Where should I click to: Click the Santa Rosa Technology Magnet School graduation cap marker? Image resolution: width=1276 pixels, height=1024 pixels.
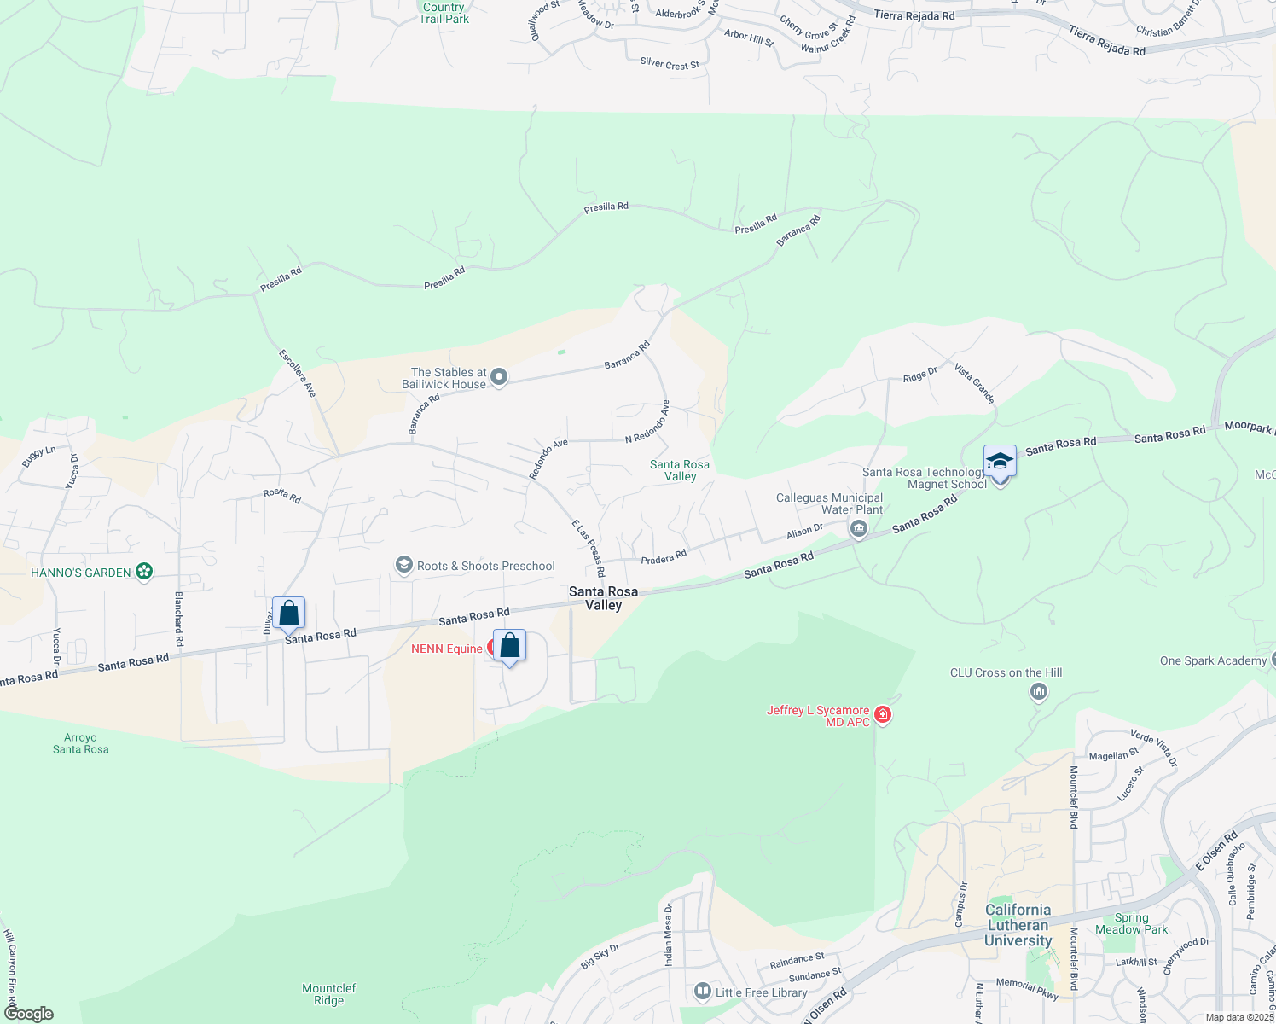[1000, 462]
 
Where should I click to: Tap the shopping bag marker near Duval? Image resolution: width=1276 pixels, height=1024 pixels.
[289, 613]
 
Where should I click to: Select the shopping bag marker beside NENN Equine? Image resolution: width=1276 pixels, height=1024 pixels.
[509, 646]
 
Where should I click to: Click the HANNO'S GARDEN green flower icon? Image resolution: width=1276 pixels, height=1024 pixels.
[144, 572]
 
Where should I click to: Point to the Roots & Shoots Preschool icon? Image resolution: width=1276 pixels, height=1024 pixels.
[403, 566]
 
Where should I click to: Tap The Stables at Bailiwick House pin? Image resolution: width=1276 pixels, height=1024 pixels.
[500, 376]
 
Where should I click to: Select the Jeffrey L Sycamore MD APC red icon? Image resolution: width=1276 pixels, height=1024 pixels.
[883, 714]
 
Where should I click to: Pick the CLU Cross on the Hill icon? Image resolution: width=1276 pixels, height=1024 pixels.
[1039, 691]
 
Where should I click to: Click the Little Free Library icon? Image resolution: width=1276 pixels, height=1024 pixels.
[703, 991]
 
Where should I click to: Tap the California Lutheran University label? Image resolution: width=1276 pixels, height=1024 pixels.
[1018, 925]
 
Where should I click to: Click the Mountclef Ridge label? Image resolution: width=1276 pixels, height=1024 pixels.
[328, 994]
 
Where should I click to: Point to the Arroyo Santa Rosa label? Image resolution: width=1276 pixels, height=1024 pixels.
[81, 743]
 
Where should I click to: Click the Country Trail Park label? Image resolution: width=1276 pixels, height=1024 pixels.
[444, 13]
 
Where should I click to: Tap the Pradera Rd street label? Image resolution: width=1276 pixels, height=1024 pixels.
[664, 557]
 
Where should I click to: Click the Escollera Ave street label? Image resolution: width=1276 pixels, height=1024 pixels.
[298, 373]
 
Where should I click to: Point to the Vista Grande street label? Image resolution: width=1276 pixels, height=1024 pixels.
[974, 383]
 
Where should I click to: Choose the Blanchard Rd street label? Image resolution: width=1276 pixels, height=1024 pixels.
[179, 618]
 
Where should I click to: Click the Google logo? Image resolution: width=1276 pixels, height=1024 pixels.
[29, 1013]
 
